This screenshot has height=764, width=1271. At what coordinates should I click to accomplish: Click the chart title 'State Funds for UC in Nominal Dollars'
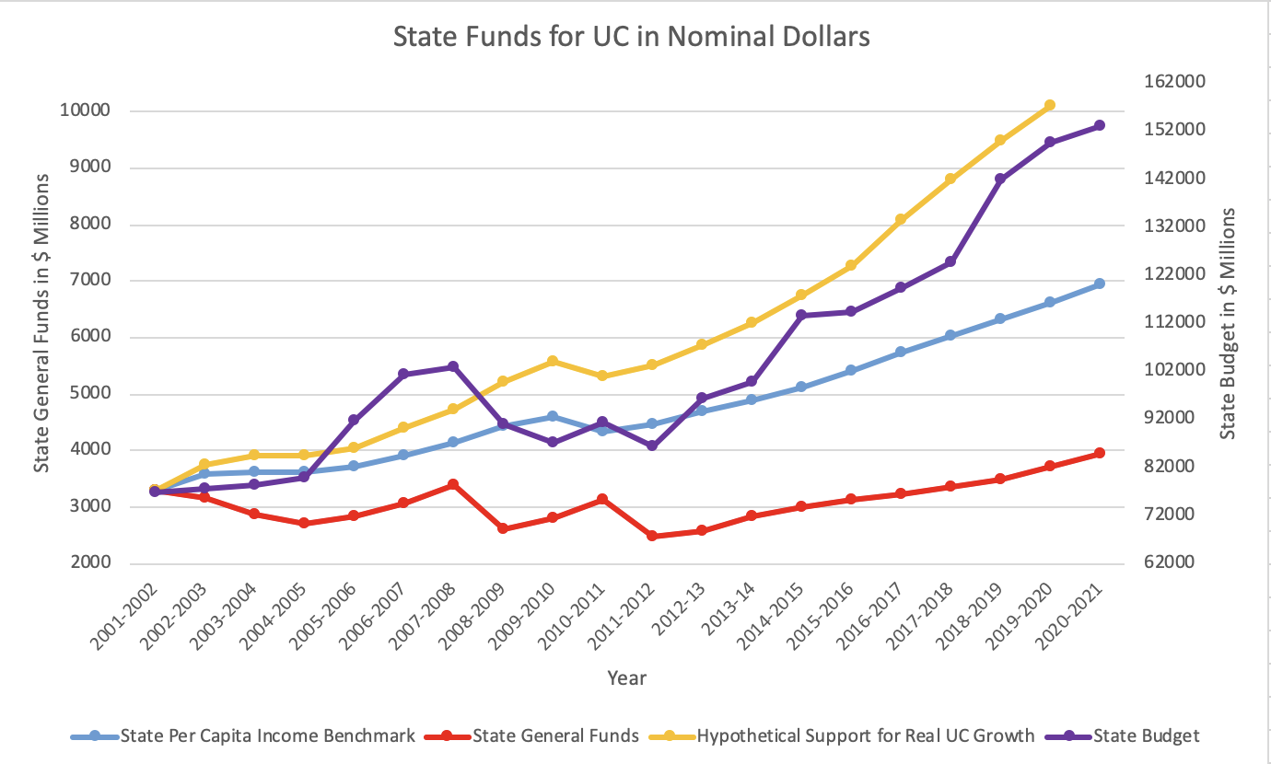click(x=631, y=37)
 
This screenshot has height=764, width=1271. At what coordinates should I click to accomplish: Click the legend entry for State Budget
click(x=1146, y=735)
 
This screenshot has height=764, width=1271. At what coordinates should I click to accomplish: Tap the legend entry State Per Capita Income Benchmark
click(x=267, y=735)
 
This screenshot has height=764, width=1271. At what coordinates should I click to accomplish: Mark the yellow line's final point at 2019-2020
click(x=1049, y=106)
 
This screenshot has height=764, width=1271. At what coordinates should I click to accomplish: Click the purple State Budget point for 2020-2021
click(x=1099, y=125)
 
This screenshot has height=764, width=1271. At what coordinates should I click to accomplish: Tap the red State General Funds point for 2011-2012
click(x=651, y=536)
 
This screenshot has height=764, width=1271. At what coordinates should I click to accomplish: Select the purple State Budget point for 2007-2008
click(x=452, y=366)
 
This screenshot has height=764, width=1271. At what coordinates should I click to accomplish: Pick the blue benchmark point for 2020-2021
click(x=1099, y=284)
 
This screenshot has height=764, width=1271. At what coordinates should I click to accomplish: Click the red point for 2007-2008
click(x=452, y=484)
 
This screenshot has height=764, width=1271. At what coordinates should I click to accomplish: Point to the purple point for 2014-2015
click(x=800, y=315)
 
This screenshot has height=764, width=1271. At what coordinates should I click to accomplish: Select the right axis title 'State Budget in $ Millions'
click(x=1228, y=323)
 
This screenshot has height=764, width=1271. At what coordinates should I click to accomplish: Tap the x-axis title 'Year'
click(x=626, y=678)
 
